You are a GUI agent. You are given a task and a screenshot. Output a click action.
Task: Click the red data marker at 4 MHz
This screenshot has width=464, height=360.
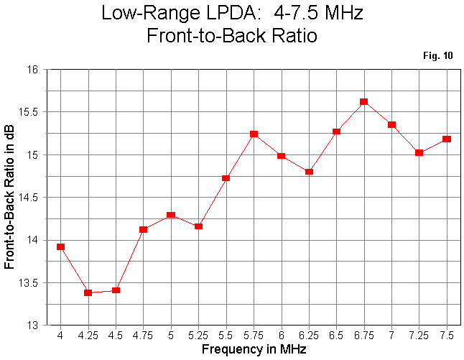pyautogui.click(x=60, y=246)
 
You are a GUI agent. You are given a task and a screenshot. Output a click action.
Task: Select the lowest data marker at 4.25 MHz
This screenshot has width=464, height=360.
pyautogui.click(x=88, y=292)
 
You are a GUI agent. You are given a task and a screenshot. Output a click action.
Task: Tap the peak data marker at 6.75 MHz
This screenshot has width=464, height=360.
pyautogui.click(x=363, y=102)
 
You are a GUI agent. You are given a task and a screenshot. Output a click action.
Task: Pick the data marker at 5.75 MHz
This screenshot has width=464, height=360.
pyautogui.click(x=254, y=134)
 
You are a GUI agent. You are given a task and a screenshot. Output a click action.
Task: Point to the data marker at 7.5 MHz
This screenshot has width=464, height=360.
pyautogui.click(x=447, y=139)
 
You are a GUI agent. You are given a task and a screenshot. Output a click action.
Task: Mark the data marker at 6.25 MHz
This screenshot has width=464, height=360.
pyautogui.click(x=309, y=172)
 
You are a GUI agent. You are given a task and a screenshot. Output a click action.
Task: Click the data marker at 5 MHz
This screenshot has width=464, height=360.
pyautogui.click(x=171, y=215)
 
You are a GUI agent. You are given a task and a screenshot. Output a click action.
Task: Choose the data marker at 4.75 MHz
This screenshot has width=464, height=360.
pyautogui.click(x=143, y=229)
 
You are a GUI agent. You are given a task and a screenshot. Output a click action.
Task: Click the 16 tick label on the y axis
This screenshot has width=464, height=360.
pyautogui.click(x=33, y=70)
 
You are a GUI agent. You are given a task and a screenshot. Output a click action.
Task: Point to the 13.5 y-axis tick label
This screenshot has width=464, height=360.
pyautogui.click(x=29, y=283)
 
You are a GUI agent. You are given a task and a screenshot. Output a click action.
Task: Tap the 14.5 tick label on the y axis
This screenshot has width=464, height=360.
pyautogui.click(x=29, y=198)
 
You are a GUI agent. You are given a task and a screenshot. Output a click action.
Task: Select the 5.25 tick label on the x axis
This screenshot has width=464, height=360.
pyautogui.click(x=198, y=336)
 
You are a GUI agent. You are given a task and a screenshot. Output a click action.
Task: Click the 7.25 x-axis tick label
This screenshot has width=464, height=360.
pyautogui.click(x=419, y=336)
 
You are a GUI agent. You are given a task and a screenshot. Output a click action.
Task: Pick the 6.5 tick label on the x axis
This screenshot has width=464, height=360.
pyautogui.click(x=336, y=336)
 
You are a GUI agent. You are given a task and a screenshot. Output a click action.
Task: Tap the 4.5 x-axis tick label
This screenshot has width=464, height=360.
pyautogui.click(x=116, y=336)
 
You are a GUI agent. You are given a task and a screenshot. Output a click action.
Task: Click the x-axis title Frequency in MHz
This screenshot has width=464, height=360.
pyautogui.click(x=254, y=350)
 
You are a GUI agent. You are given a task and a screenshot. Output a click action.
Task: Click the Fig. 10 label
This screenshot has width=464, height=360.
pyautogui.click(x=439, y=55)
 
